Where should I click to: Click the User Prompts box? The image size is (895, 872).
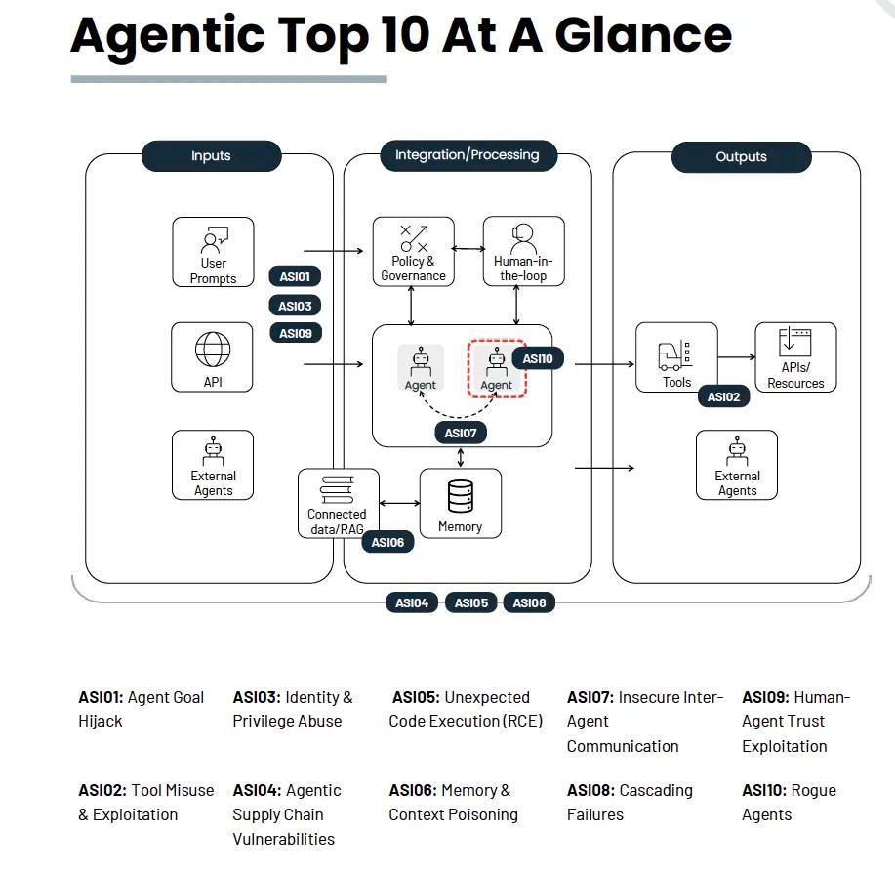213,252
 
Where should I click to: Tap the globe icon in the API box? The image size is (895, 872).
213,349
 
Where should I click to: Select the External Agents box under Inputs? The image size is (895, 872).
213,465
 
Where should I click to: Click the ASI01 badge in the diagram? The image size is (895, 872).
295,277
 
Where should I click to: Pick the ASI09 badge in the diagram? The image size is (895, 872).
295,334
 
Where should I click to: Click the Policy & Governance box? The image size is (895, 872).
413,252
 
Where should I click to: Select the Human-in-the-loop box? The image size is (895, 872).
523,252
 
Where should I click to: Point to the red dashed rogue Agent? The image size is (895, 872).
496,369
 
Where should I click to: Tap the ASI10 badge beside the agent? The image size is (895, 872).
538,359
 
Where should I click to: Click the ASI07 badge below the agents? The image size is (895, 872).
461,433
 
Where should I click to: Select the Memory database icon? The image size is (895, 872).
460,496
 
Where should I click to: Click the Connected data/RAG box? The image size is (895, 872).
337,503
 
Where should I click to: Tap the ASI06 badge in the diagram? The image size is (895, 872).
387,542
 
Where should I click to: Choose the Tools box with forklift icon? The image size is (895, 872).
676,357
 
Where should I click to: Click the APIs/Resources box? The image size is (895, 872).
795,357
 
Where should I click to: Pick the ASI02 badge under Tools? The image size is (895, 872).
723,397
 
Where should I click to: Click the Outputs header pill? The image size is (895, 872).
741,157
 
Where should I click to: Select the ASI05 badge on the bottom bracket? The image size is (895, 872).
471,603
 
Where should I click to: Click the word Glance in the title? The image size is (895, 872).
643,34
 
